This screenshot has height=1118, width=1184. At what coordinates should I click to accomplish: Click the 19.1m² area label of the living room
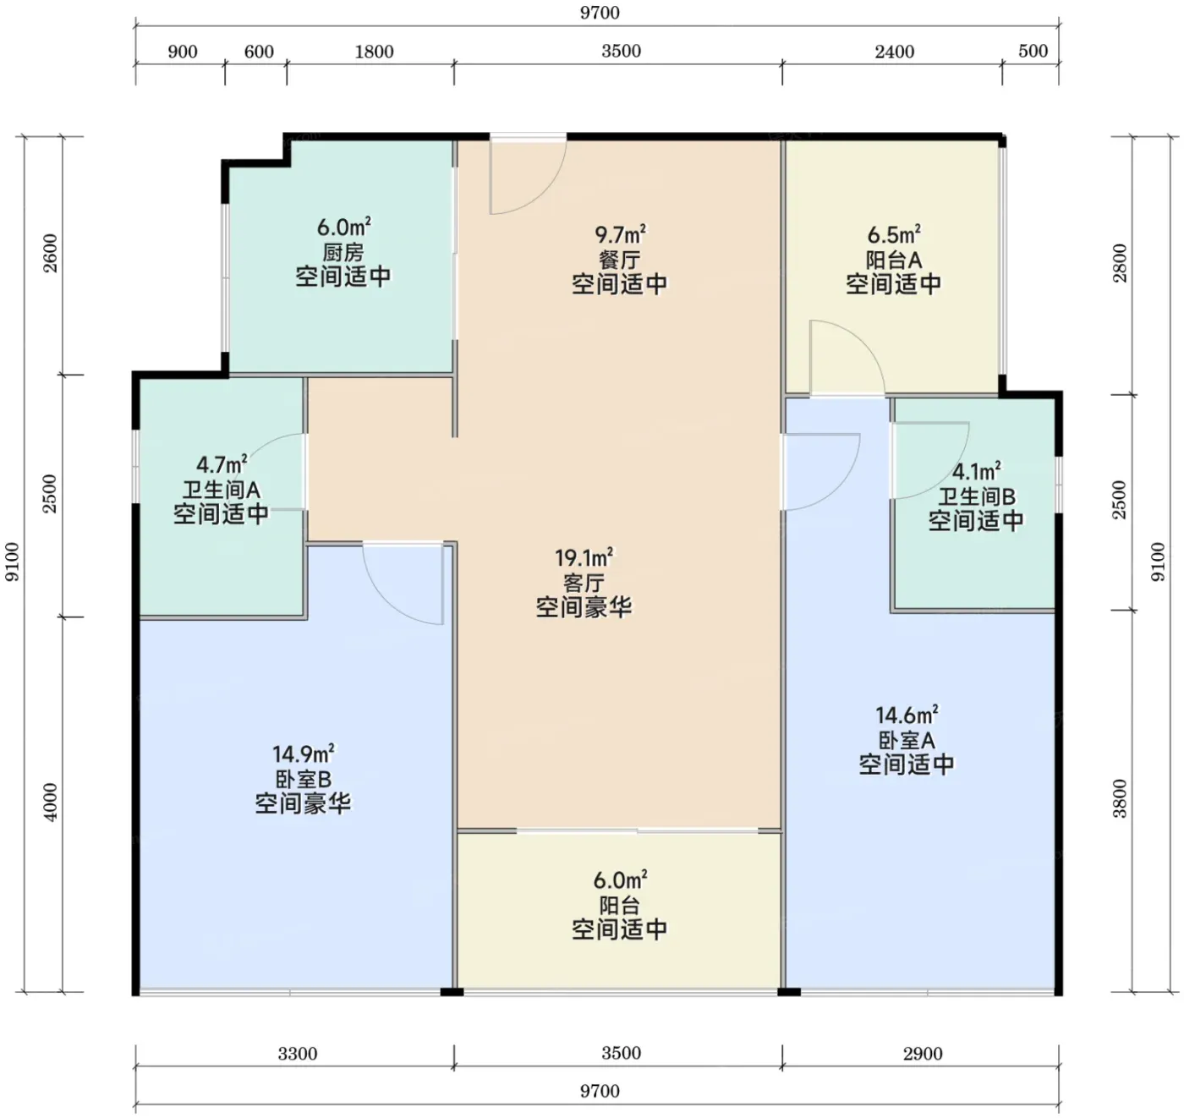tap(584, 558)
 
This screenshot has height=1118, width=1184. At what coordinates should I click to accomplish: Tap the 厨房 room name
tap(343, 252)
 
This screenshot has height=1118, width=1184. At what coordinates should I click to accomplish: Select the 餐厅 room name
tap(619, 260)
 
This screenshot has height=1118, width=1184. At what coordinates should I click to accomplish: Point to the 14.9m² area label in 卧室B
tap(303, 754)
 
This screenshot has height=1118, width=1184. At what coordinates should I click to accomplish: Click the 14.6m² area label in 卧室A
tap(907, 715)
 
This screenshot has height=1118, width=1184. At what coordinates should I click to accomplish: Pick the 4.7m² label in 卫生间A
tap(222, 464)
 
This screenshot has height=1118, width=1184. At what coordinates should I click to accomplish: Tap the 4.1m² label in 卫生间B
tap(976, 471)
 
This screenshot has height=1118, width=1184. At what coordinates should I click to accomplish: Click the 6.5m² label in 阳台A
tap(894, 234)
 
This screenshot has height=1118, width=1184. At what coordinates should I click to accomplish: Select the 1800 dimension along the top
tap(375, 52)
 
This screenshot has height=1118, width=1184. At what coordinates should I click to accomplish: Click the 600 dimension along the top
tap(259, 52)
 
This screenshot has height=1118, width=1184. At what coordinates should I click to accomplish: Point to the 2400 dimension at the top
tap(894, 52)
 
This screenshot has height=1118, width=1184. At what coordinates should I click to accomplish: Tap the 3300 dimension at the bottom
tap(298, 1054)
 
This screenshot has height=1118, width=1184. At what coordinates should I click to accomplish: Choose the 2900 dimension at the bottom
tap(923, 1054)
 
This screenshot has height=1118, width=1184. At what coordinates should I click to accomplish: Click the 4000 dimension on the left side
tap(52, 802)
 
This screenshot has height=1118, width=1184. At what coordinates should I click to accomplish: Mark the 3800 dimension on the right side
tap(1121, 798)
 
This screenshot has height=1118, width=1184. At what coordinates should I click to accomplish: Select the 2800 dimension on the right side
tap(1121, 263)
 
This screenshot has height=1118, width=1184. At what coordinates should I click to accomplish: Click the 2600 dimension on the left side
tap(52, 254)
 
